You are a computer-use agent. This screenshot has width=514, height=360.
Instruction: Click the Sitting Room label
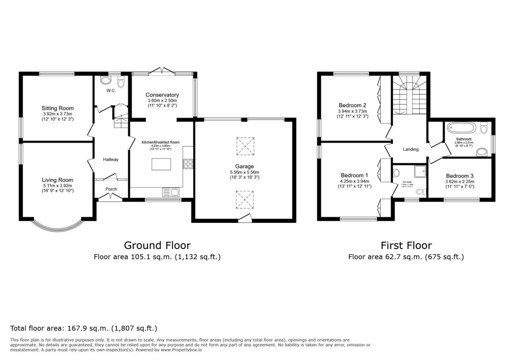tap(57, 108)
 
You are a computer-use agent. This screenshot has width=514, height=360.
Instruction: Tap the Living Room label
tap(57, 180)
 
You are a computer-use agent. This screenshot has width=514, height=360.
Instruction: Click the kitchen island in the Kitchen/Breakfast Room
tap(161, 164)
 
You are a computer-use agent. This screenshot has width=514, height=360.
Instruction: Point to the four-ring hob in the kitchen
tap(188, 164)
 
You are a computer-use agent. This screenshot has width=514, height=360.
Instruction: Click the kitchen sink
tap(172, 192)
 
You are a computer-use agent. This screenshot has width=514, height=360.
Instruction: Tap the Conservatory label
tap(162, 95)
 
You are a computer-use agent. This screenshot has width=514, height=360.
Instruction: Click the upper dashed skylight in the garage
tap(245, 146)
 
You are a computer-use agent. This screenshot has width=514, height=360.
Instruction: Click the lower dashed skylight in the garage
tap(245, 200)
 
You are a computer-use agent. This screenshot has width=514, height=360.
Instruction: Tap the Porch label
tap(111, 189)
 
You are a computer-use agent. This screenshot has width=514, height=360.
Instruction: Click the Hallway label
tap(111, 159)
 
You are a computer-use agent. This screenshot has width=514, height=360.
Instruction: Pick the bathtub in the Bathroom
tap(461, 128)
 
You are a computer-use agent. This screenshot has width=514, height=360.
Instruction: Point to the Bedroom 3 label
tap(460, 176)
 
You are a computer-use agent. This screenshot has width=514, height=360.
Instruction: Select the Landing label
tap(410, 149)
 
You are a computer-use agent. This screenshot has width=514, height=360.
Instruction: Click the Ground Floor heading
tap(157, 245)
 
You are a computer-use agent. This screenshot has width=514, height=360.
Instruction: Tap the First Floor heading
tap(406, 245)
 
